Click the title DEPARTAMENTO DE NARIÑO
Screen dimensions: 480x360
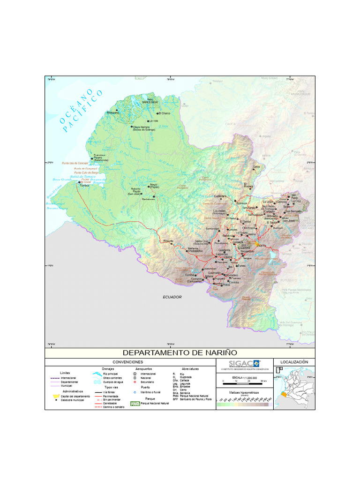[180, 352]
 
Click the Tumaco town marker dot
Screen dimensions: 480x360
[80, 182]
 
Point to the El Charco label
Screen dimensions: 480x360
[165, 113]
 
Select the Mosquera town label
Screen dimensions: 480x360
[113, 113]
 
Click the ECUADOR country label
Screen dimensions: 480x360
[172, 297]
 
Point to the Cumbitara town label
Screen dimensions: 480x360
[220, 196]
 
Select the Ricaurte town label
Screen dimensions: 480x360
[168, 241]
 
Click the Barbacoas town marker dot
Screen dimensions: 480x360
[154, 196]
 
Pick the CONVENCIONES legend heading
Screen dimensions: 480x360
[128, 362]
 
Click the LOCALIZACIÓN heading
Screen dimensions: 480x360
[294, 362]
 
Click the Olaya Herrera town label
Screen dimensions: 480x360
[141, 127]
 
